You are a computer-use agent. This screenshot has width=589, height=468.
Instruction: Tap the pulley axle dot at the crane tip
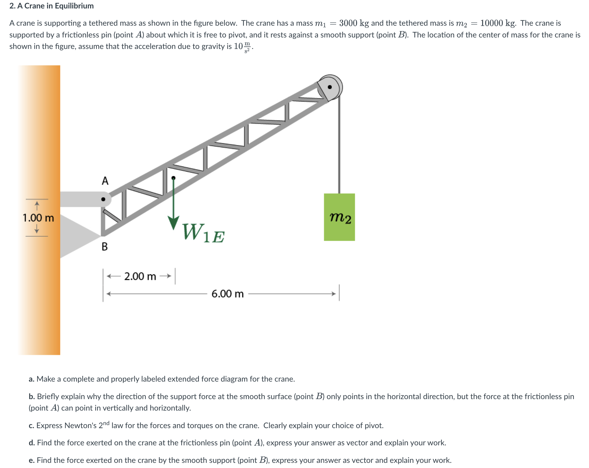[x=330, y=87]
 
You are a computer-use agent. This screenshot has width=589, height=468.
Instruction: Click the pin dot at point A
[x=103, y=199]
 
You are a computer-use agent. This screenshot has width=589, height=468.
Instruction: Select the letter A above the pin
[x=105, y=181]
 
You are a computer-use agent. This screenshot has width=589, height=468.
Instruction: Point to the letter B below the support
[x=105, y=247]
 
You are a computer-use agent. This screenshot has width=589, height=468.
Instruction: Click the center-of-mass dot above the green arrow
[x=173, y=178]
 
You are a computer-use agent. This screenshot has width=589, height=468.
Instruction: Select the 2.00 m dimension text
[x=140, y=276]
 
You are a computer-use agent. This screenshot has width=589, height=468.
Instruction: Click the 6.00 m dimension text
[x=227, y=294]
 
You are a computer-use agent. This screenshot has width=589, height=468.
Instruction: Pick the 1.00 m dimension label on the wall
[x=38, y=218]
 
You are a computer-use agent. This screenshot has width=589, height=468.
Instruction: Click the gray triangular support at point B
[x=76, y=235]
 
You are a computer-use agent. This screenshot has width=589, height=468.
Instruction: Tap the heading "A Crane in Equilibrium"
[x=55, y=6]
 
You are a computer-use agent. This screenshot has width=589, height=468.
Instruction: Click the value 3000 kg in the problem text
[x=354, y=23]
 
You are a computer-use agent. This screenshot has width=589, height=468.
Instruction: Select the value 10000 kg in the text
[x=498, y=23]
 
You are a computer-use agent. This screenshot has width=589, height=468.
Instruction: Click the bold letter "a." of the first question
[x=31, y=379]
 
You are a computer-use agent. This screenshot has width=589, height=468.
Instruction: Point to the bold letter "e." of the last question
[x=31, y=460]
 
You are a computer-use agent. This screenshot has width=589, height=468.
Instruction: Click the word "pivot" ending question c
[x=374, y=425]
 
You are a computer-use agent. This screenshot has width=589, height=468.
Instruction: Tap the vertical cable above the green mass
[x=339, y=145]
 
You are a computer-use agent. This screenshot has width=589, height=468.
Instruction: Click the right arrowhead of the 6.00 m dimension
[x=334, y=294]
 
